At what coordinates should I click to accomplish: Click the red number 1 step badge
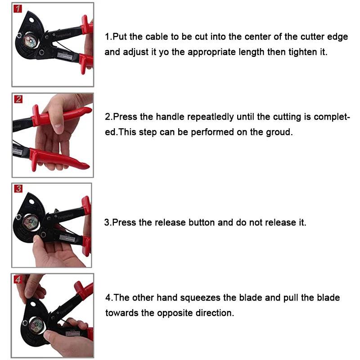pyautogui.click(x=18, y=9)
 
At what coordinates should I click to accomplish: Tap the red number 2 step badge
pyautogui.click(x=18, y=99)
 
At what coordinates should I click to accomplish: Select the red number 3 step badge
pyautogui.click(x=18, y=189)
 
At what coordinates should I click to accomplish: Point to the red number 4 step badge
pyautogui.click(x=18, y=279)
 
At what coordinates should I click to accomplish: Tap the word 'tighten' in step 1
pyautogui.click(x=303, y=52)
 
